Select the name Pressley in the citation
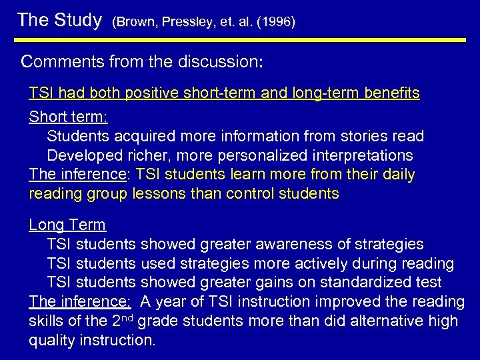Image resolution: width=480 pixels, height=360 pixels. click(179, 22)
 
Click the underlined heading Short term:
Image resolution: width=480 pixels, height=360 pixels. click(69, 117)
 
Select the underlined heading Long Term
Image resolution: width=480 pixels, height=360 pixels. click(67, 225)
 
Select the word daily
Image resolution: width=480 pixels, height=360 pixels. click(399, 175)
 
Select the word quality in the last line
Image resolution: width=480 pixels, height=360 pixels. click(52, 341)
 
